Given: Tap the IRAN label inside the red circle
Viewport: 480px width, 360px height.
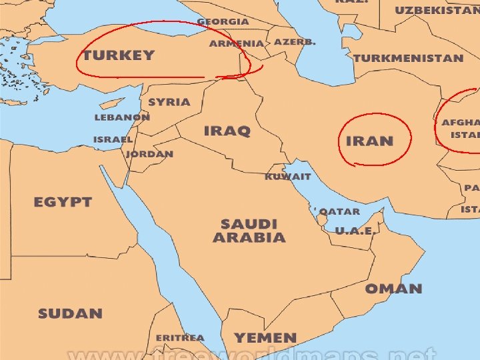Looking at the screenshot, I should point(369,141).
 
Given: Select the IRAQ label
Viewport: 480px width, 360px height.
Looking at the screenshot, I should point(227,131).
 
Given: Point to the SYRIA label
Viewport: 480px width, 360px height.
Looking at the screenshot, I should point(169,103).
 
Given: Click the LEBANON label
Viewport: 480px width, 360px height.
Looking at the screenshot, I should point(122,117).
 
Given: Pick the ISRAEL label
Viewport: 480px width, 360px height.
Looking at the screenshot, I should point(113,140).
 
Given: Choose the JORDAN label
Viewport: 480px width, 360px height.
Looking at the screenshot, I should point(150,154).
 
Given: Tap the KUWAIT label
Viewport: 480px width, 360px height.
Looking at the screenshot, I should point(287,177).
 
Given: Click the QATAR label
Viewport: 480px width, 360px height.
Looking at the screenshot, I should point(339,212).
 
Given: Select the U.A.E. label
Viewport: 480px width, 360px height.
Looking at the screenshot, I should point(353,231).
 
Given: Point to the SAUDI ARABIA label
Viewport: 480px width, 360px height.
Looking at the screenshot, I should point(249,231).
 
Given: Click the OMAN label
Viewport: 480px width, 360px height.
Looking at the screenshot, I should point(393,289).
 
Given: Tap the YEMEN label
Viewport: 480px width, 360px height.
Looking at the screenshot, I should point(265,338).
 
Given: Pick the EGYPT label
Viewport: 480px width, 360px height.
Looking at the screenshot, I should point(63,202).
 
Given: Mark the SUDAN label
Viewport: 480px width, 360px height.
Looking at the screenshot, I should point(70,313).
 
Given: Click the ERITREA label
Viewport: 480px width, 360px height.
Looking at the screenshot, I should point(180,338).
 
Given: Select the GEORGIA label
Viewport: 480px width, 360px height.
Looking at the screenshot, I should point(223,21).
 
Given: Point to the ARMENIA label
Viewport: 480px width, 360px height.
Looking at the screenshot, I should point(236,43).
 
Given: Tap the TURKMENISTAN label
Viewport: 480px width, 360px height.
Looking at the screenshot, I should point(408,58).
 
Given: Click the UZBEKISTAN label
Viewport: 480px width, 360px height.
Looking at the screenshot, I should point(437,11).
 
